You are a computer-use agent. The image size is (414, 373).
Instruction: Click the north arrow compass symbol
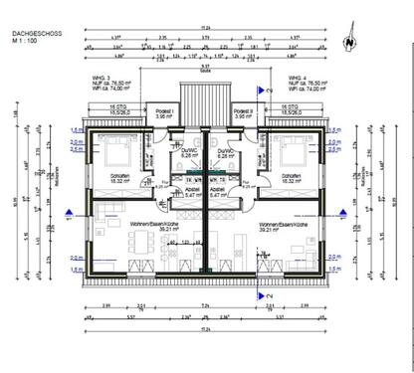(x=347, y=43)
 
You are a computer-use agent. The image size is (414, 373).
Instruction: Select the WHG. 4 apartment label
(x=296, y=76)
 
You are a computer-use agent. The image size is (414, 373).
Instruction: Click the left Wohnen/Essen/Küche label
(x=151, y=227)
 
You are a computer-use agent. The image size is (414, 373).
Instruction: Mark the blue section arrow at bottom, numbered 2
(x=261, y=295)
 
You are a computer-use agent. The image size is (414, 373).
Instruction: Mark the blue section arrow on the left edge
(x=68, y=212)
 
